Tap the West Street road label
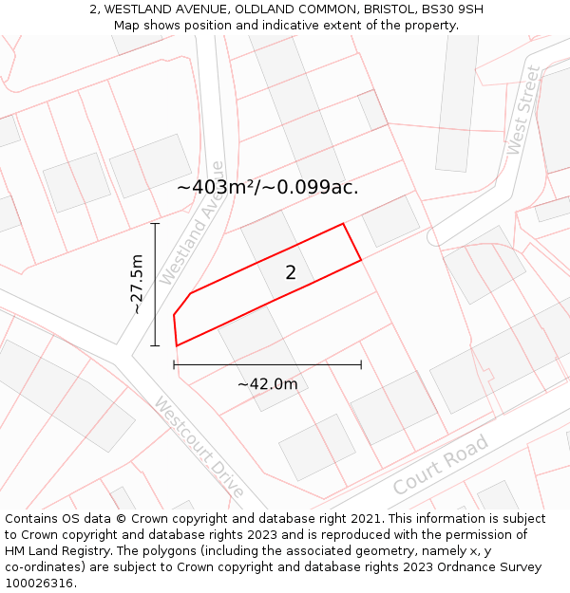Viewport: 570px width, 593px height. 522,110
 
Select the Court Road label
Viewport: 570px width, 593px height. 440,465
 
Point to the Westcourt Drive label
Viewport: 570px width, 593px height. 199,447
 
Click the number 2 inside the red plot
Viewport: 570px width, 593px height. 291,272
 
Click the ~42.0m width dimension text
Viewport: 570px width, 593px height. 267,384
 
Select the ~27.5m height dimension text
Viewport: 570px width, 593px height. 137,284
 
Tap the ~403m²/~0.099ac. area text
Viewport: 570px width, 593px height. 268,187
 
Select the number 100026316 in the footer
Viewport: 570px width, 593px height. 36,584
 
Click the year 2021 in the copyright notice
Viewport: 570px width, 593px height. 368,519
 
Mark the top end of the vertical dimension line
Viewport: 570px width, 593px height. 155,224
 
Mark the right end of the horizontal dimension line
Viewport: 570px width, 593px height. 361,364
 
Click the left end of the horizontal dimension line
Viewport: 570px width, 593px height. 174,364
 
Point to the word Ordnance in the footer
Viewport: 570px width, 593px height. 462,567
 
